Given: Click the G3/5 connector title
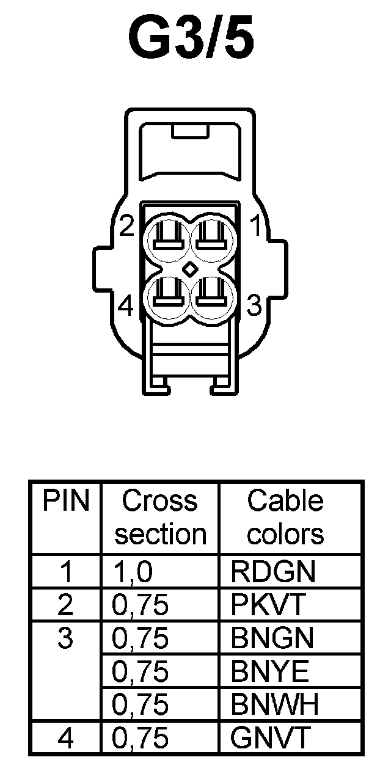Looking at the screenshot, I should (x=191, y=37).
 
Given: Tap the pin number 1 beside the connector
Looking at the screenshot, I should (x=257, y=227).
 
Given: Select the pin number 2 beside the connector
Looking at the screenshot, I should (x=126, y=227).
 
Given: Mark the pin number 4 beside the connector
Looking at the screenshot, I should (x=126, y=305).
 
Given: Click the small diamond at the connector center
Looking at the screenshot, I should (x=191, y=268).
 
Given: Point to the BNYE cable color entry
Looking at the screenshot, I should (x=271, y=672).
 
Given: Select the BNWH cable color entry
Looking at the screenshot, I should (x=275, y=705).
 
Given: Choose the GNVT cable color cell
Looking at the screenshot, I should (x=271, y=738).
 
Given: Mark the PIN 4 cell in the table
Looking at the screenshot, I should (x=65, y=738).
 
